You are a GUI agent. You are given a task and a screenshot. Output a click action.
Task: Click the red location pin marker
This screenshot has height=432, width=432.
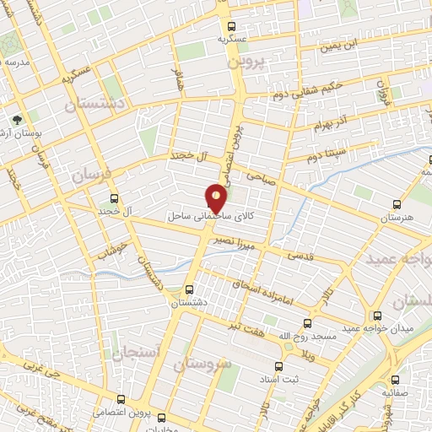pos(217,199)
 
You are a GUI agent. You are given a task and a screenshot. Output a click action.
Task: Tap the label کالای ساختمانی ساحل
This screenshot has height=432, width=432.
pos(219,217)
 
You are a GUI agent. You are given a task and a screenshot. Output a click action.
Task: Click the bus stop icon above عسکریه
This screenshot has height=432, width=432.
pos(233,25)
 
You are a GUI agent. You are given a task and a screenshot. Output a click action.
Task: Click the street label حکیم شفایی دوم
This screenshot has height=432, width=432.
pos(331,87)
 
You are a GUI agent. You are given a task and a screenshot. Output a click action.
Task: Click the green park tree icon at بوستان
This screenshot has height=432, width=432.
pos(19,120)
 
